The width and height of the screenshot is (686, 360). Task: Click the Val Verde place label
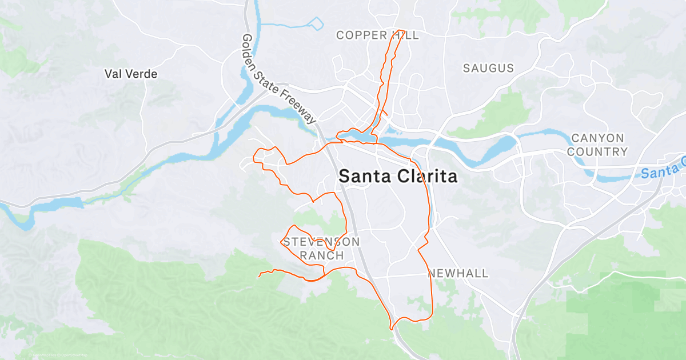pyautogui.click(x=130, y=74)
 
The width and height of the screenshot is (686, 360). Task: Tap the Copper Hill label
pyautogui.click(x=377, y=35)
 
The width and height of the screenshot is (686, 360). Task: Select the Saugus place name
pyautogui.click(x=488, y=68)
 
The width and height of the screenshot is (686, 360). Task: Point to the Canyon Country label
pyautogui.click(x=599, y=145)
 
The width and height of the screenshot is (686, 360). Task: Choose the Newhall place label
pyautogui.click(x=458, y=274)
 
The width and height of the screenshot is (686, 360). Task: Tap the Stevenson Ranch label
pyautogui.click(x=322, y=249)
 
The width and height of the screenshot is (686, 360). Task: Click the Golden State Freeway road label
pyautogui.click(x=278, y=79)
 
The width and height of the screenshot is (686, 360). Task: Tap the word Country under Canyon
pyautogui.click(x=599, y=152)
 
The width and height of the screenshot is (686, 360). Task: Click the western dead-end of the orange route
pyautogui.click(x=259, y=277)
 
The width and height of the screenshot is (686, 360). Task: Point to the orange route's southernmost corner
pyautogui.click(x=392, y=329)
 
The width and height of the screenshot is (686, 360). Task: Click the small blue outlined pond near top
pyautogui.click(x=316, y=23)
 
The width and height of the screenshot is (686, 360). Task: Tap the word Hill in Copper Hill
pyautogui.click(x=405, y=35)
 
